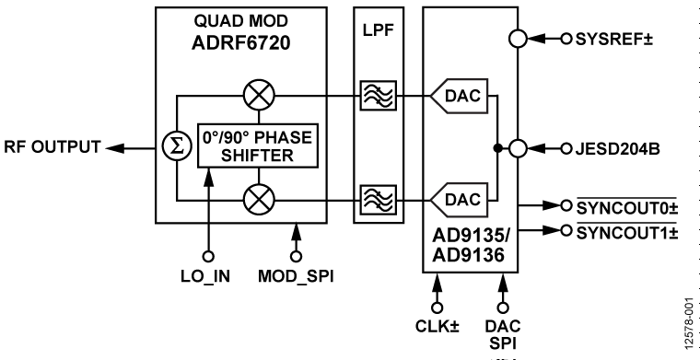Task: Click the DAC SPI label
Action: point(503,332)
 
